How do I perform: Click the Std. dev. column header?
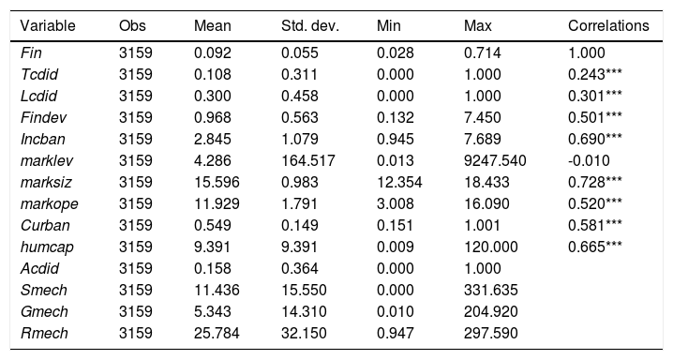point(310,25)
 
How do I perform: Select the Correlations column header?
point(608,25)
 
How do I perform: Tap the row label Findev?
point(43,117)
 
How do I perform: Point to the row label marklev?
point(46,160)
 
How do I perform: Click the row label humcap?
point(47,247)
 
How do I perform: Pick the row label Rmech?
point(44,333)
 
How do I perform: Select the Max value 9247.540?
point(495,160)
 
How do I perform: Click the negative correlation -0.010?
point(589,160)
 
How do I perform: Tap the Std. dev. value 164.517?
point(307,160)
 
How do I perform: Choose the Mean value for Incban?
point(213,139)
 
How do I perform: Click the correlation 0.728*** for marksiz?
point(594,182)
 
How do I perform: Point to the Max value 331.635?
point(490,290)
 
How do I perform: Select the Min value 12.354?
point(399,182)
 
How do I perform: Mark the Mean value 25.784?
point(217,333)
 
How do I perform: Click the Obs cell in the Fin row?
point(136,52)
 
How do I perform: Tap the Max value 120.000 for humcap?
point(490,247)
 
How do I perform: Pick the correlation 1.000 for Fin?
point(587,52)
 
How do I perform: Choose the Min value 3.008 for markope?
point(396,203)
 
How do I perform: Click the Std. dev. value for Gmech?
point(304,311)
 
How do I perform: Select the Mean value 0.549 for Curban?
point(213,225)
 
